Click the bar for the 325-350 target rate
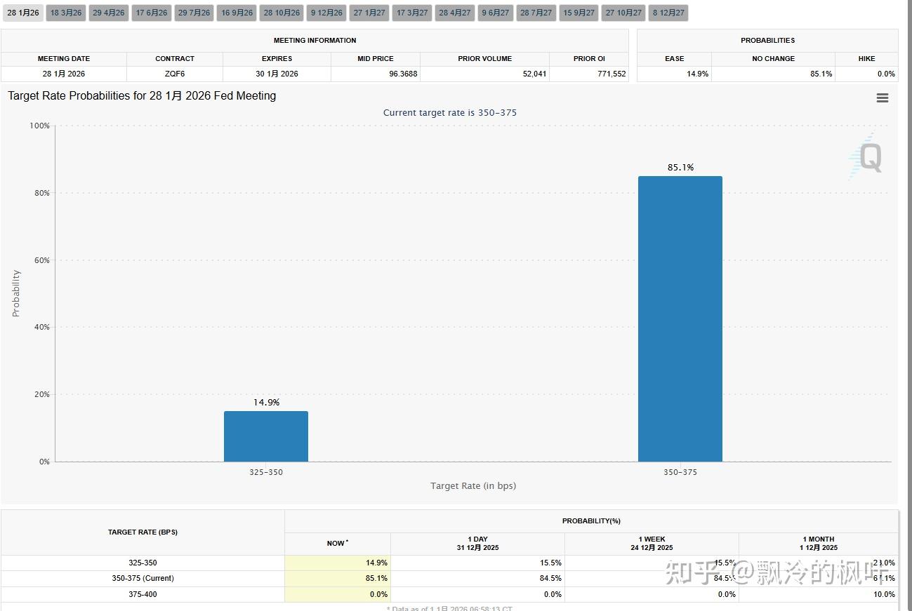tap(265, 436)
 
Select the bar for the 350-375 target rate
tap(680, 318)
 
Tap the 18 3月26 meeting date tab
tap(66, 13)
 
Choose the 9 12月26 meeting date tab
tap(326, 13)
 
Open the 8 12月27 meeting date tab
tap(668, 13)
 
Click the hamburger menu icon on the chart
tap(883, 98)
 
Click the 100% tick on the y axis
tap(39, 126)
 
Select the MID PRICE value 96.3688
tap(403, 74)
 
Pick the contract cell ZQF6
tap(175, 74)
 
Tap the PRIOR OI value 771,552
tap(612, 74)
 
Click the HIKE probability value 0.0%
tap(886, 74)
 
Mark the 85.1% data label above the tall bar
tap(680, 167)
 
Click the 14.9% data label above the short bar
tap(266, 402)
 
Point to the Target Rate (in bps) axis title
tap(472, 485)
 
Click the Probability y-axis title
tap(16, 293)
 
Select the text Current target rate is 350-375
tap(449, 112)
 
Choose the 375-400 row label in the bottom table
tap(143, 594)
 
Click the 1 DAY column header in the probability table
tap(477, 543)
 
